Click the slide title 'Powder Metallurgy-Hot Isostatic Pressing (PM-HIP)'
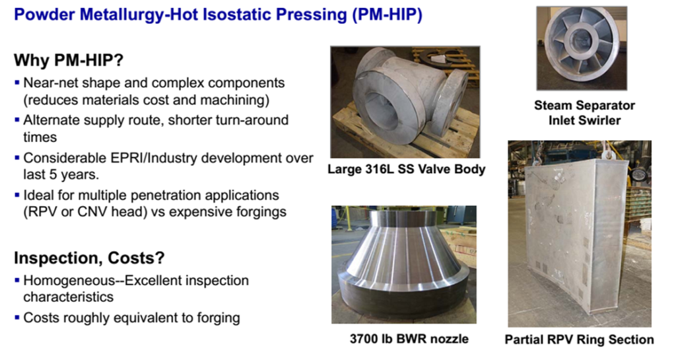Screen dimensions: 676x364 [218, 15]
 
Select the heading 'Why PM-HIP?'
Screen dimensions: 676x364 [69, 60]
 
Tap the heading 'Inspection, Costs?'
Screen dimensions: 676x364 [89, 258]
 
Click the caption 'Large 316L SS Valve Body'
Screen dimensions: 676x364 [406, 169]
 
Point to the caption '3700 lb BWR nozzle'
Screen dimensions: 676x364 [409, 339]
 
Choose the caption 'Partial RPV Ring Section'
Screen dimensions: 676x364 [579, 340]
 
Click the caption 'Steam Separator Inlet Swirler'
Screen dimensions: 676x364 [584, 112]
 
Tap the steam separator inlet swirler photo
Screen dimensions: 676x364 [582, 48]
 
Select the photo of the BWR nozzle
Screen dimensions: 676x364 [404, 264]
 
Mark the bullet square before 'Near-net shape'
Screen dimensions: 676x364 [17, 82]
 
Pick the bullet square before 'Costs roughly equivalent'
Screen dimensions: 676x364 [17, 317]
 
